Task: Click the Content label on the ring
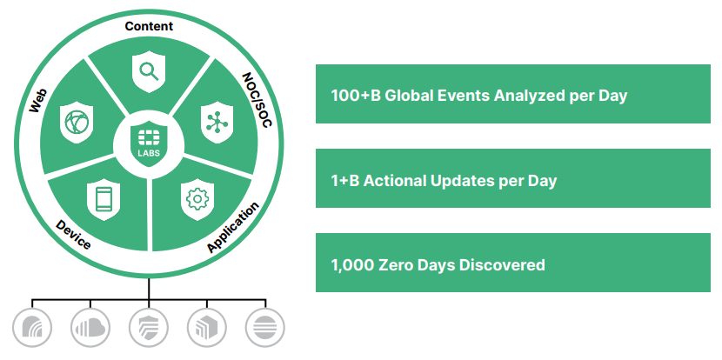[149, 26]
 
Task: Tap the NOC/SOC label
[257, 99]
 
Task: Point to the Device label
[73, 234]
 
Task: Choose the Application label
[233, 228]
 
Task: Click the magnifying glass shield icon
[149, 72]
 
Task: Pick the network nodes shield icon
[217, 123]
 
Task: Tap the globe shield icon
[77, 123]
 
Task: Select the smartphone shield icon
[104, 200]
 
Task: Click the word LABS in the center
[149, 153]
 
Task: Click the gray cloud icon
[90, 328]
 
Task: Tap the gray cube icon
[207, 328]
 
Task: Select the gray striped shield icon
[149, 328]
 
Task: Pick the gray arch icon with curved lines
[32, 328]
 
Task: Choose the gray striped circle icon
[265, 328]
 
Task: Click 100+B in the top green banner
[356, 96]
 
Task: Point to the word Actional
[395, 181]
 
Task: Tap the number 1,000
[351, 265]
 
